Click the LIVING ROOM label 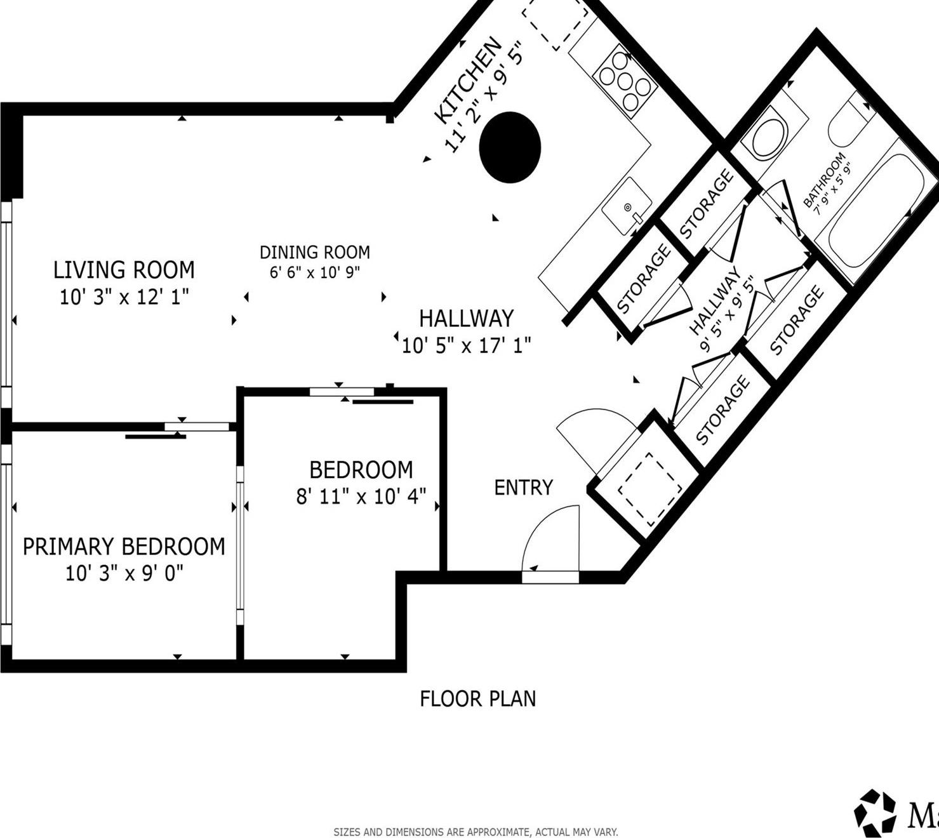[x=124, y=270]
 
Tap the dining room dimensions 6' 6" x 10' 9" [x=315, y=273]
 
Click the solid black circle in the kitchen [x=510, y=147]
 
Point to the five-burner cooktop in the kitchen [x=625, y=82]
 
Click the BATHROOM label [x=824, y=180]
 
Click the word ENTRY [x=523, y=488]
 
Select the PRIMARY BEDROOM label [x=124, y=547]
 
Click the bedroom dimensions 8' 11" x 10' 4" [x=361, y=496]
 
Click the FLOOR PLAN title [x=477, y=699]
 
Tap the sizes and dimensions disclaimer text [x=476, y=832]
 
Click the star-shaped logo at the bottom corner [x=875, y=813]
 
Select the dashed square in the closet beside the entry [x=649, y=486]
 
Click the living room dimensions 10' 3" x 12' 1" [x=124, y=297]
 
